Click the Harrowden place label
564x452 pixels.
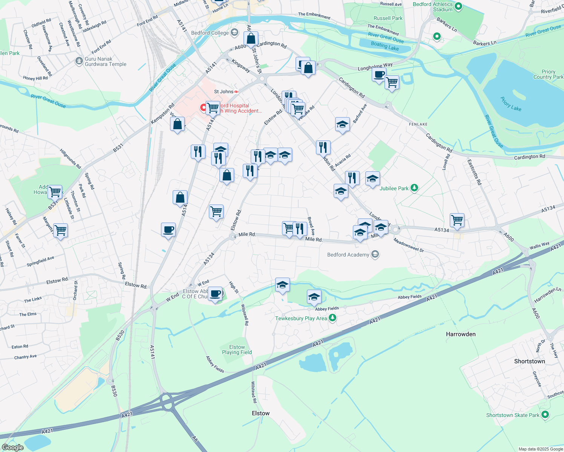click(460, 334)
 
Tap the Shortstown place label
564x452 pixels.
click(529, 361)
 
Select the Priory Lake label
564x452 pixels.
click(511, 104)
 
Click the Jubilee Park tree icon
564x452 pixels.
click(414, 188)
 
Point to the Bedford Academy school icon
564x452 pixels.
click(375, 255)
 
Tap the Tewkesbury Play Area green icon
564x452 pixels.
click(332, 318)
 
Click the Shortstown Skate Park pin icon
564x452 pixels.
click(545, 415)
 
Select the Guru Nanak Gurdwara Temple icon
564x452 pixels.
click(79, 61)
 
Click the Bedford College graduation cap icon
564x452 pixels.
click(234, 33)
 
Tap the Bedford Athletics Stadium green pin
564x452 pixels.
click(458, 6)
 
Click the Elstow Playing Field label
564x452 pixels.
click(237, 350)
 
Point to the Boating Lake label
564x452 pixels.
click(385, 46)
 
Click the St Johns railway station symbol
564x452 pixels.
click(236, 92)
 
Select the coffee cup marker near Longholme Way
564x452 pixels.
click(379, 74)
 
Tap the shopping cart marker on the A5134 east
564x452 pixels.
click(457, 220)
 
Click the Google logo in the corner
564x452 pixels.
click(12, 447)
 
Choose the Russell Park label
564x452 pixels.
click(388, 18)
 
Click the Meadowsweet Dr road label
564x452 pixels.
click(409, 245)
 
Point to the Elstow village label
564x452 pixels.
click(261, 413)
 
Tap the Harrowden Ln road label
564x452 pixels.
click(547, 295)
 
